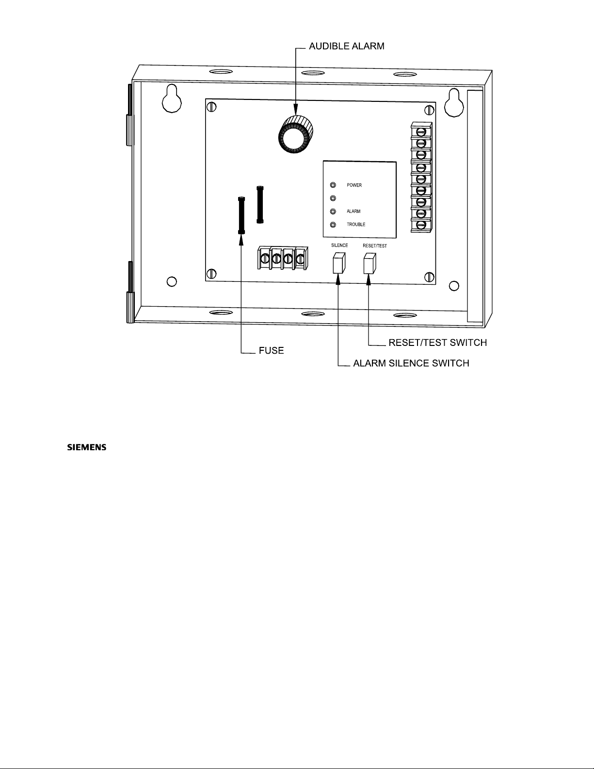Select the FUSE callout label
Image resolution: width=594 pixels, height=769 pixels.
tap(271, 350)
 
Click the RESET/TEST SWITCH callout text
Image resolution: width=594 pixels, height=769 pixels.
tap(437, 343)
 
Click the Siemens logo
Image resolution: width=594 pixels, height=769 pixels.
tap(86, 447)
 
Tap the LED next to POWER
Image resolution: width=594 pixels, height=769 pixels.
tap(333, 185)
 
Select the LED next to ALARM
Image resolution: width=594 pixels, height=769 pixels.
tap(333, 212)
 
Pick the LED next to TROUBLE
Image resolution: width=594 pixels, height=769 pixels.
tap(333, 225)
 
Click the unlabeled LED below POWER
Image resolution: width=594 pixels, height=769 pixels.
tap(333, 198)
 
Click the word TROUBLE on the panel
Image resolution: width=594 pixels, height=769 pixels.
tap(356, 225)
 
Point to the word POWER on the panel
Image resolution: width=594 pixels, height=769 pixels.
tap(354, 185)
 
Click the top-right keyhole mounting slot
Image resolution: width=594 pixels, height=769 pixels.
tap(454, 103)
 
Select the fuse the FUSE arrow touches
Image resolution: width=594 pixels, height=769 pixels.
tap(241, 215)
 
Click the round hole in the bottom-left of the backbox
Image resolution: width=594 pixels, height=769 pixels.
tap(172, 281)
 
